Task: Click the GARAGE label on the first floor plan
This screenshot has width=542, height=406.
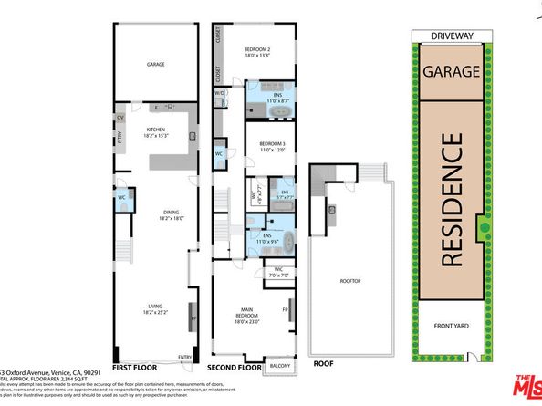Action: pos(154,66)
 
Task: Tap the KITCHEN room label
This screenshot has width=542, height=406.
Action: pos(154,133)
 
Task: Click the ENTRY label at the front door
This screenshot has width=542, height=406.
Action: pos(185,357)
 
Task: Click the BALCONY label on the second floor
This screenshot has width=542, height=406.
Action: pos(279,366)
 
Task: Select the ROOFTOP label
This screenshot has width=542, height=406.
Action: pos(347,281)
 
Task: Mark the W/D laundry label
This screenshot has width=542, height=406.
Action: pos(220,94)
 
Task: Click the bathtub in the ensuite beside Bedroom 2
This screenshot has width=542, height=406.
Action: pos(281,112)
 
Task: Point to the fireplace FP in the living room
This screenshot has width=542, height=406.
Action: pos(193,320)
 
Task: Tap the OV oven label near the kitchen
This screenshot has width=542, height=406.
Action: pos(120,117)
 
